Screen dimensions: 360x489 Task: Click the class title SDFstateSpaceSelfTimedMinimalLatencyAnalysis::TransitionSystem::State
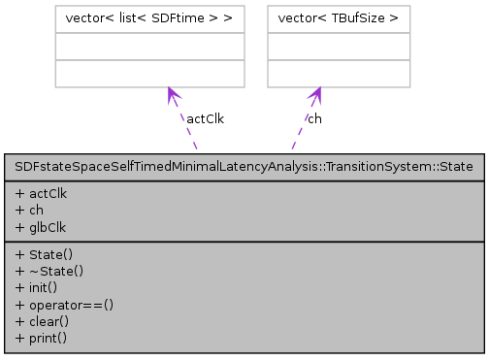[244, 167]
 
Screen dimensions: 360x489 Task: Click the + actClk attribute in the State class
[42, 193]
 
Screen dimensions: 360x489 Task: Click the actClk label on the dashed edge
[205, 118]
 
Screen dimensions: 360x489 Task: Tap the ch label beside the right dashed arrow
[314, 118]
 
